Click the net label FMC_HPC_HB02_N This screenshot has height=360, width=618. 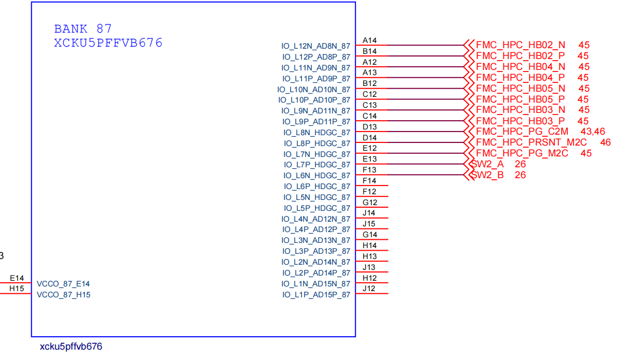pyautogui.click(x=521, y=45)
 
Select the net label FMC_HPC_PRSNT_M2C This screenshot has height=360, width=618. pyautogui.click(x=531, y=142)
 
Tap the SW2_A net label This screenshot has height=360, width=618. pyautogui.click(x=487, y=164)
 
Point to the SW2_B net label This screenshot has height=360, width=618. pyautogui.click(x=487, y=175)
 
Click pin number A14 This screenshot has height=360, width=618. pyautogui.click(x=369, y=40)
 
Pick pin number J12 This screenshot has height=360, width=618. pyautogui.click(x=369, y=289)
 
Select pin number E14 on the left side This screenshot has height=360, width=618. pyautogui.click(x=17, y=278)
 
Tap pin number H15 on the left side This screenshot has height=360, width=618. pyautogui.click(x=17, y=289)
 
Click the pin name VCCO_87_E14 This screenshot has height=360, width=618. pyautogui.click(x=63, y=284)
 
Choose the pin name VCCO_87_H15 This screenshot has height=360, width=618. pyautogui.click(x=63, y=295)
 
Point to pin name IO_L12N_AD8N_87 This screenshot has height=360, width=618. pyautogui.click(x=316, y=46)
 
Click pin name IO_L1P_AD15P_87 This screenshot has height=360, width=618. pyautogui.click(x=316, y=295)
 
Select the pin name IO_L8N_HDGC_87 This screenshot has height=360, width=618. pyautogui.click(x=317, y=133)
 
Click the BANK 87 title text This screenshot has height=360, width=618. pyautogui.click(x=83, y=29)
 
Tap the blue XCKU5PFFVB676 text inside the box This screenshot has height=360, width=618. pyautogui.click(x=108, y=43)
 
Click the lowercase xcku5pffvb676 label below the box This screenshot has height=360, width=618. pyautogui.click(x=71, y=347)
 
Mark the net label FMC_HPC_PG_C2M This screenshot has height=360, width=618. pyautogui.click(x=522, y=132)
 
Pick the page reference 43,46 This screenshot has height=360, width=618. pyautogui.click(x=593, y=132)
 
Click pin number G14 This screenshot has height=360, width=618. pyautogui.click(x=369, y=235)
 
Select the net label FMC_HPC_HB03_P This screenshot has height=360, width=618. pyautogui.click(x=520, y=121)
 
